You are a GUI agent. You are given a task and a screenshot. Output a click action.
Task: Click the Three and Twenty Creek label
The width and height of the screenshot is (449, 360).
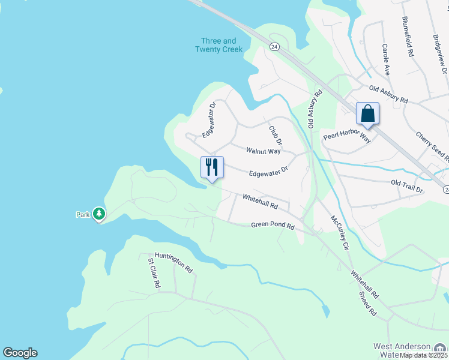tap(218, 45)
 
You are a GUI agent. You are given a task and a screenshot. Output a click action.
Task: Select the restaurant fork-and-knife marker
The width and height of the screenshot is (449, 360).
tap(212, 167)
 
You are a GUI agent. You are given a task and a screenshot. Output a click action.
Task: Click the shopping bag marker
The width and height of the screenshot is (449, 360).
tap(367, 113)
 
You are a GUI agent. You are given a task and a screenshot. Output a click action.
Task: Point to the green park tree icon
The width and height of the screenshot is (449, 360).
tap(99, 214)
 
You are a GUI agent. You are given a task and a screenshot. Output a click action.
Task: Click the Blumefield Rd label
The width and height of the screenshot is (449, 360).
tap(409, 37)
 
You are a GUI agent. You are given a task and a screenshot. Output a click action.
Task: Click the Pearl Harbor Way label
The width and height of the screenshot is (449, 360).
tap(347, 136)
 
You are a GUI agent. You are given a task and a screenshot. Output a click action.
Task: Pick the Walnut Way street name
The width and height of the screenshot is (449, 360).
tap(264, 151)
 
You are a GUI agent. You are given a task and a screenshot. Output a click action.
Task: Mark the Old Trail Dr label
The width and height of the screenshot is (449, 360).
tap(407, 186)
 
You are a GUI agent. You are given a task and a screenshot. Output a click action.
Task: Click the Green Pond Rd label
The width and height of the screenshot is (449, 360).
tap(273, 226)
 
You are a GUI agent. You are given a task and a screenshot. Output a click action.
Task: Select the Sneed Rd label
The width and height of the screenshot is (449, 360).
tap(367, 304)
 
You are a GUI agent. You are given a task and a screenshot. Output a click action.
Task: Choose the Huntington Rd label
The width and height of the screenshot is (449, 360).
tap(173, 262)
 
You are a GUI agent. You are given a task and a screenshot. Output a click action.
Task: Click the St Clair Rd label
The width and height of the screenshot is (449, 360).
tap(154, 273)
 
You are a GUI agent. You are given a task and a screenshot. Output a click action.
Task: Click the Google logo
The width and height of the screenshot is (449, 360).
tap(20, 353)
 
